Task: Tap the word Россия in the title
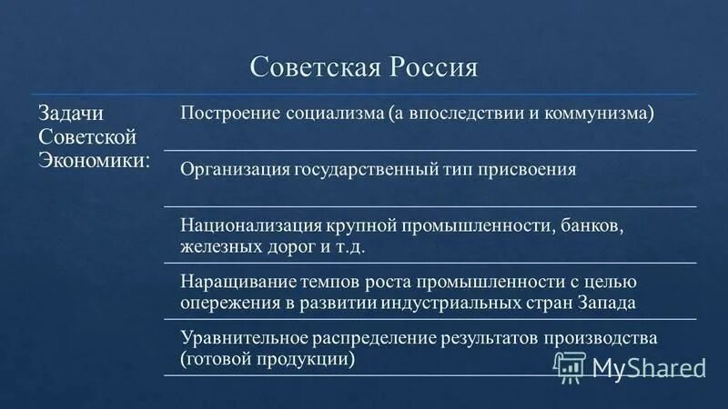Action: [430, 69]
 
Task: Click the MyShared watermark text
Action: [648, 366]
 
